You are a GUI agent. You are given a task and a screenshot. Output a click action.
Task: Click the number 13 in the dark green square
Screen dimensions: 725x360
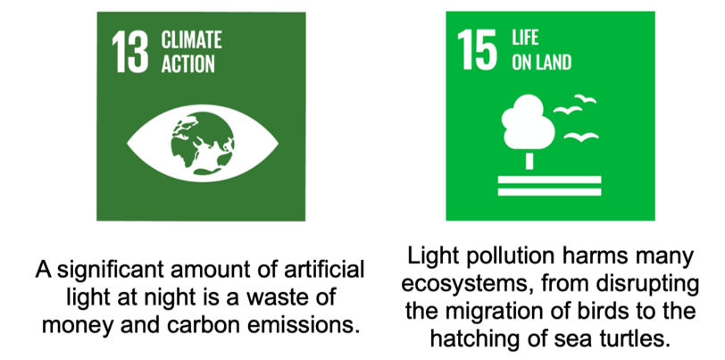coord(130,52)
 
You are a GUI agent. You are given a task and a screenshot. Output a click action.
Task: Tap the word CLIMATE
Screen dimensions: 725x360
coord(191,40)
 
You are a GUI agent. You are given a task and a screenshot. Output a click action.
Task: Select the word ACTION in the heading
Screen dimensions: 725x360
coord(187,64)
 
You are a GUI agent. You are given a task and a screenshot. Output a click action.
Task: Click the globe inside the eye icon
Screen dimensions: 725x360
coord(203,144)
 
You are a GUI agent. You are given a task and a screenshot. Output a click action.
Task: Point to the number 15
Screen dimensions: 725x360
coord(477,50)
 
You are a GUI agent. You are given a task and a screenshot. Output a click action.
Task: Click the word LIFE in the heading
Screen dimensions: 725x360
coord(525,37)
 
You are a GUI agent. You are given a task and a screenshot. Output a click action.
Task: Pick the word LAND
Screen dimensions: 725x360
coord(553,62)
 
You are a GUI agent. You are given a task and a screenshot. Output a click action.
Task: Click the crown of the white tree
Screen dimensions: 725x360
coord(528,121)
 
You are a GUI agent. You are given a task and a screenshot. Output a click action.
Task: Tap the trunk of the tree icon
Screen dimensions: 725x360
coord(529,161)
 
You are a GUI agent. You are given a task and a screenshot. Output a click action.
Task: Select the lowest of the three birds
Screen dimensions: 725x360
coord(581,137)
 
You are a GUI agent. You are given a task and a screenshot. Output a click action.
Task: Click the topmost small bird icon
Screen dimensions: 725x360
coord(586,98)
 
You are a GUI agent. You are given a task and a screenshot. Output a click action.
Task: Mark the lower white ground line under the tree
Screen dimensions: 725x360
coord(549,192)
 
